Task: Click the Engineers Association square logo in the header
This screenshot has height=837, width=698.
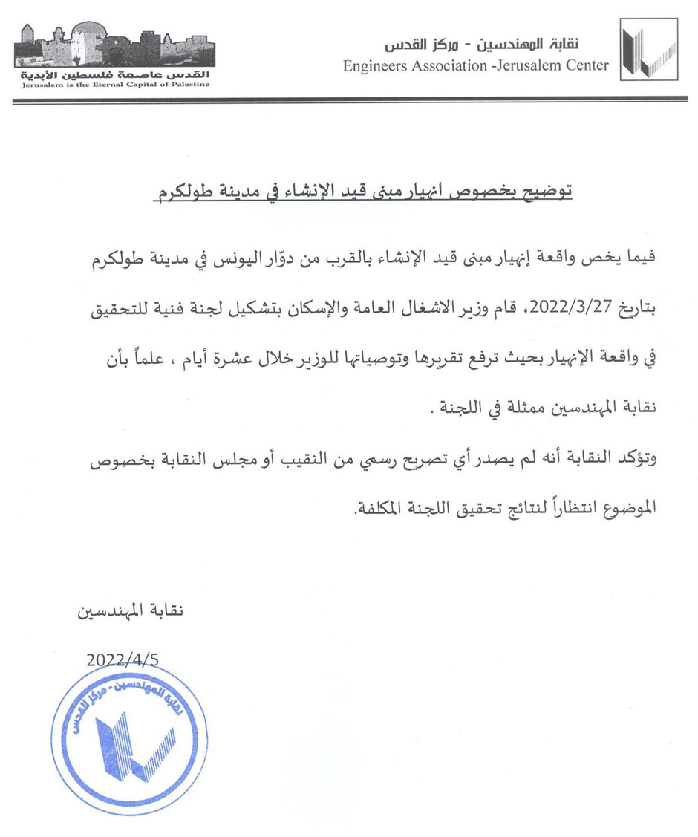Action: click(648, 49)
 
